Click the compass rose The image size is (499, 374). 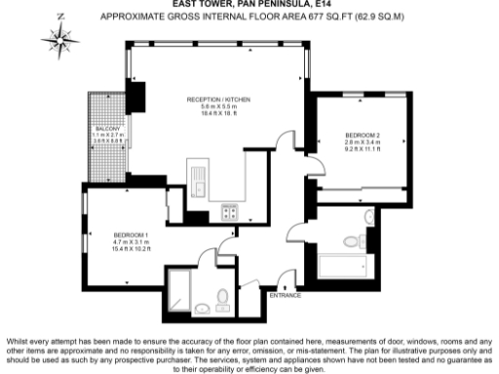coord(60,40)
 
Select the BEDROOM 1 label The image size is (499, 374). coord(129,235)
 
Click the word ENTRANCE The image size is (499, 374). coord(285,294)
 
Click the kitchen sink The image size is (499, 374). coord(196,185)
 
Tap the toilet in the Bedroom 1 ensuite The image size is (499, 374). coord(223,297)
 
